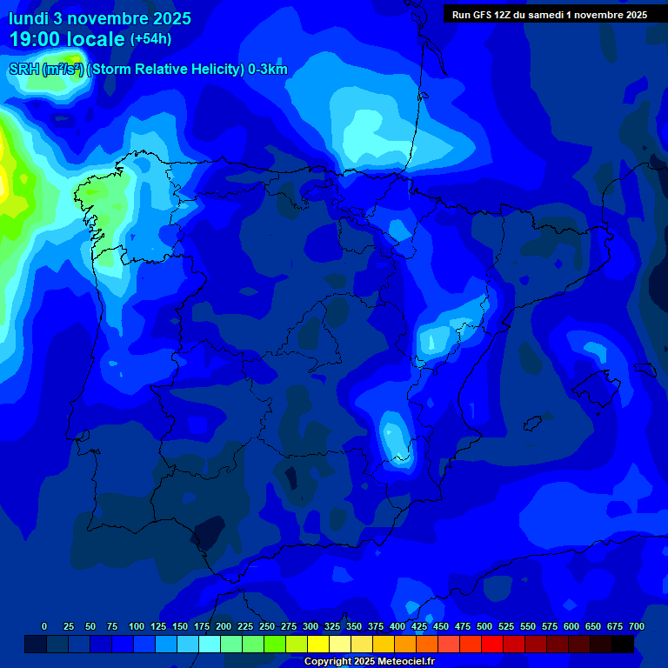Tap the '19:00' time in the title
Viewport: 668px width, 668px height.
click(34, 39)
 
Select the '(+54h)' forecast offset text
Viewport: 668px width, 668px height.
click(150, 39)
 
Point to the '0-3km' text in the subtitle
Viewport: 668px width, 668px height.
click(267, 70)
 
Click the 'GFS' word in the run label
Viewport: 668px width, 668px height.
click(483, 15)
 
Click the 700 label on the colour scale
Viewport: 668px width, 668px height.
click(636, 626)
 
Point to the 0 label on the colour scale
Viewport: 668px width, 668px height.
click(44, 626)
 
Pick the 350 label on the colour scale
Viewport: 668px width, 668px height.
click(354, 626)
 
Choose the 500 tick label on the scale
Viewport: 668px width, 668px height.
click(484, 626)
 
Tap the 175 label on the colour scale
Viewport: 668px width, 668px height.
click(202, 626)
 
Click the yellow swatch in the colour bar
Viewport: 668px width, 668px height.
click(318, 645)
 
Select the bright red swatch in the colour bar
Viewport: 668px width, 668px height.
click(492, 645)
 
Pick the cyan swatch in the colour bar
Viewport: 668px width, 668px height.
click(210, 645)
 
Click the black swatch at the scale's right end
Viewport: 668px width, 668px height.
click(623, 645)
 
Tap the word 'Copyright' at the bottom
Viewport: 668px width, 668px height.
click(327, 662)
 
